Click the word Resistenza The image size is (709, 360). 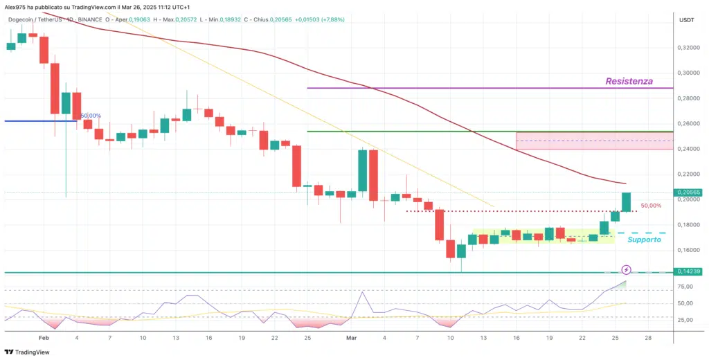click(629, 81)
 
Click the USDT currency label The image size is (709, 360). click(686, 21)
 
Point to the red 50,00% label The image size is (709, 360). click(652, 206)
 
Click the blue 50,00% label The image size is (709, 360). click(91, 116)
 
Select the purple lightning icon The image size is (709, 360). click(626, 269)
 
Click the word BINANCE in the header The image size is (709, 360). click(84, 20)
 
